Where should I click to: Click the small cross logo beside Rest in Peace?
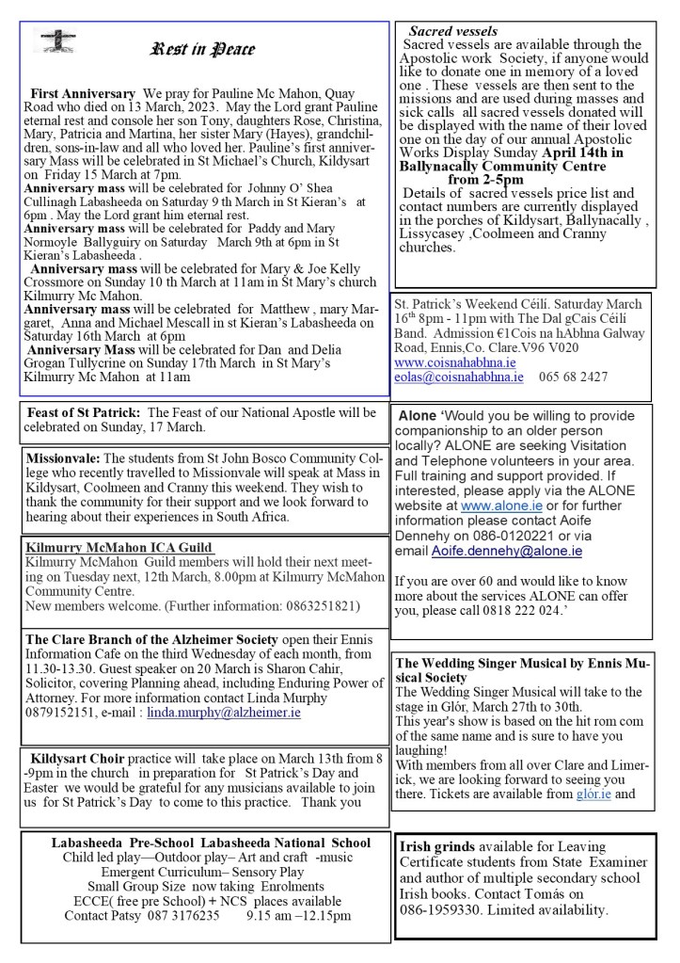[x=55, y=40]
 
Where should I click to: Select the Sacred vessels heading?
[x=452, y=32]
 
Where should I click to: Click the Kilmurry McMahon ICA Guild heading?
[x=119, y=548]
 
